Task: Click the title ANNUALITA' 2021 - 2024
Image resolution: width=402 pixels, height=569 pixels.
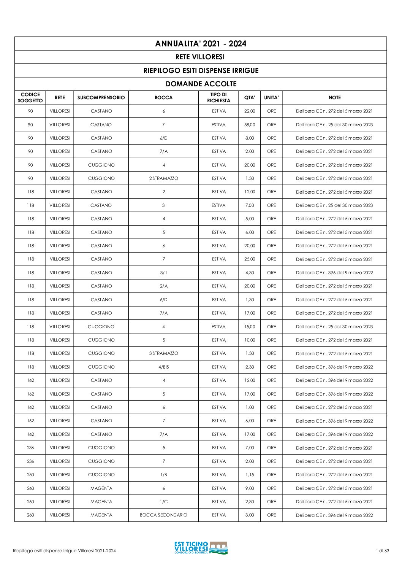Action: pos(201,44)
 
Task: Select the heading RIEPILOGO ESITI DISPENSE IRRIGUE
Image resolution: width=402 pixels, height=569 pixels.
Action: pos(201,71)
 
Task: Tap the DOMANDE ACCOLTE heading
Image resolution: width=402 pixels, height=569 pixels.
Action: pos(201,84)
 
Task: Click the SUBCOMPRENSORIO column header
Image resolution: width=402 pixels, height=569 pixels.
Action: pos(101,98)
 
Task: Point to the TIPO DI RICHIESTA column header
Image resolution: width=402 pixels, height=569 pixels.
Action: pos(218,98)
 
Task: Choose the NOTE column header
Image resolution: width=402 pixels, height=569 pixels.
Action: pos(334,98)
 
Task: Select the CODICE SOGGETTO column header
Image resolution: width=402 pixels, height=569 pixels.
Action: pos(30,98)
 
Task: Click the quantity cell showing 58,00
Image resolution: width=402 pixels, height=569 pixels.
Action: pos(250,125)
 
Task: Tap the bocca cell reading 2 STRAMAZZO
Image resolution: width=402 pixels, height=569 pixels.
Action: pos(163,178)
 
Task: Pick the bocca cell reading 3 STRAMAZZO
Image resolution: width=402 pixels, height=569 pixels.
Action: pos(163,353)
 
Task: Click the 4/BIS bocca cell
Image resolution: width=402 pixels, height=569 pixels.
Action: pos(163,367)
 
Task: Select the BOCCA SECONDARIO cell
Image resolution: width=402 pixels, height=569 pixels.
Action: pos(163,515)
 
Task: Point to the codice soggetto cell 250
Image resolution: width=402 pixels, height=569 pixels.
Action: pos(30,475)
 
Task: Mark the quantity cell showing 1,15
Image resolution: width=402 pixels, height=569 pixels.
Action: pos(250,475)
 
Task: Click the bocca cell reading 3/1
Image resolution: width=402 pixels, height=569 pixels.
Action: pos(163,273)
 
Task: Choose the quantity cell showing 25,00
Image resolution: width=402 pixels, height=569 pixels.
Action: pos(250,259)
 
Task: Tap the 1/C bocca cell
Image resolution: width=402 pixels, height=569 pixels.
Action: pos(163,502)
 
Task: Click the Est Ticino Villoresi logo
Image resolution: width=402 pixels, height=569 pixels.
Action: pos(201,548)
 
